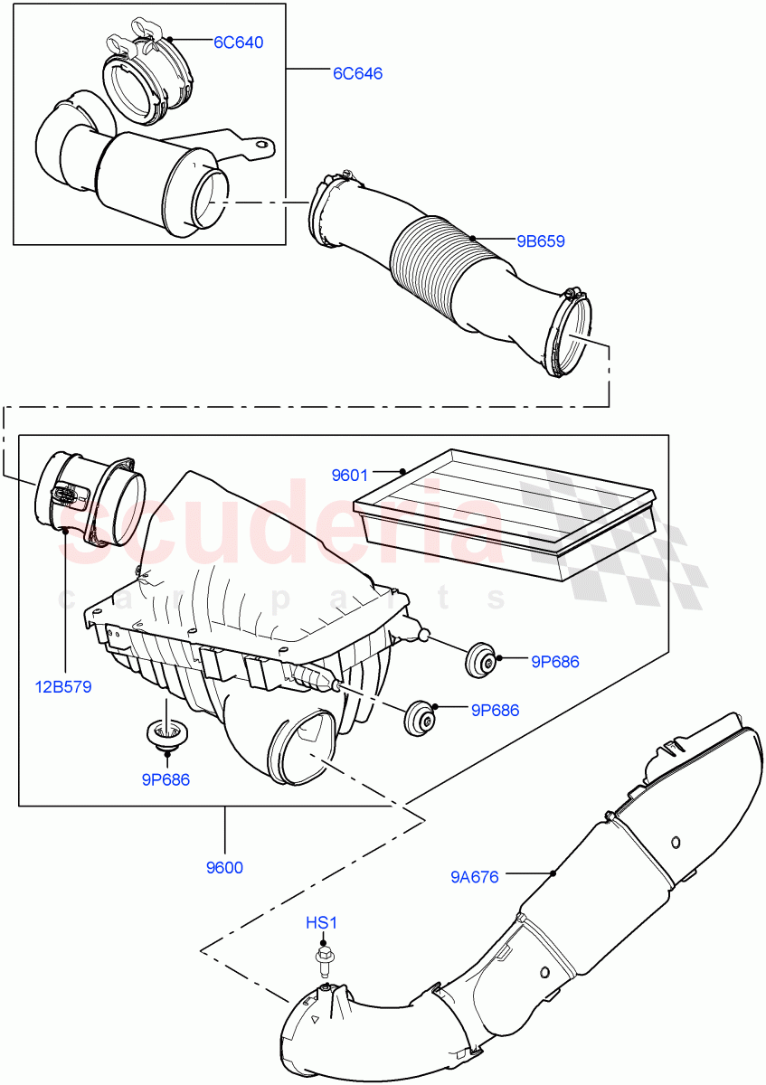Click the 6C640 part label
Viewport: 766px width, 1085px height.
point(238,42)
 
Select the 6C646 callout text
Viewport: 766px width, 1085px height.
point(357,73)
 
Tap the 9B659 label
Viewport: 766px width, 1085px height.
point(541,241)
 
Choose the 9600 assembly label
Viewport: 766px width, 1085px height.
point(224,868)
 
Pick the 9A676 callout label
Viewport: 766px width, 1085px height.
point(475,875)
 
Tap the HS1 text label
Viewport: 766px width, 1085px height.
point(321,923)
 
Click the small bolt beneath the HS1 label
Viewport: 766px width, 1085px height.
point(322,957)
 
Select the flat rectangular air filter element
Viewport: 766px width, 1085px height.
point(506,511)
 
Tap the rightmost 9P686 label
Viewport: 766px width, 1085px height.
point(554,662)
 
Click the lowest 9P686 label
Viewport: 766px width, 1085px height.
point(165,779)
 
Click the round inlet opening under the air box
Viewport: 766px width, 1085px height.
point(301,744)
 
